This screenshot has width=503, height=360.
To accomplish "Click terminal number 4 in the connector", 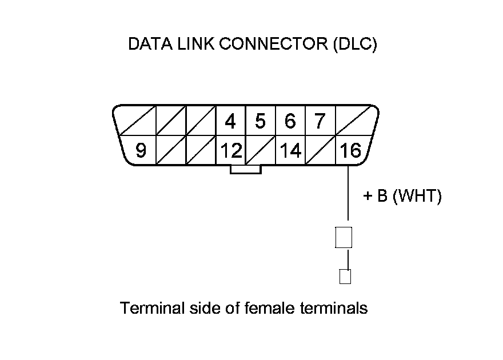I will (x=231, y=121).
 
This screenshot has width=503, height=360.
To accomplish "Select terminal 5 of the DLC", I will (x=261, y=121).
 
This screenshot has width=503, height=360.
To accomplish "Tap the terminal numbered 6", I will (x=290, y=121).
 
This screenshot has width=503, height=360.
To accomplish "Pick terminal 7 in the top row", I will (x=320, y=121).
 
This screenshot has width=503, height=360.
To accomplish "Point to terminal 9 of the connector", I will (x=141, y=151).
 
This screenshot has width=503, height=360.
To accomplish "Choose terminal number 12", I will (x=231, y=151).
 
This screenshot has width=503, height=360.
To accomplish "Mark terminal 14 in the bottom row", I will (x=290, y=151).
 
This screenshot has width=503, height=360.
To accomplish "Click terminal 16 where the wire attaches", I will (x=350, y=151).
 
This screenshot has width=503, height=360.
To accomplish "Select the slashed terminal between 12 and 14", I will (x=261, y=151).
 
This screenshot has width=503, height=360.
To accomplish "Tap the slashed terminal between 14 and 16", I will (x=320, y=151).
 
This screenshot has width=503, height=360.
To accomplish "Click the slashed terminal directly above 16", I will (x=353, y=121).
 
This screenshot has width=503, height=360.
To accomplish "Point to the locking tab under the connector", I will (x=245, y=169).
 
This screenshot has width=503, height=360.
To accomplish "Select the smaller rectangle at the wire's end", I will (x=345, y=277).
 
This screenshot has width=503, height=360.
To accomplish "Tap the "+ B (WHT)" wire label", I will (x=402, y=197).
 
